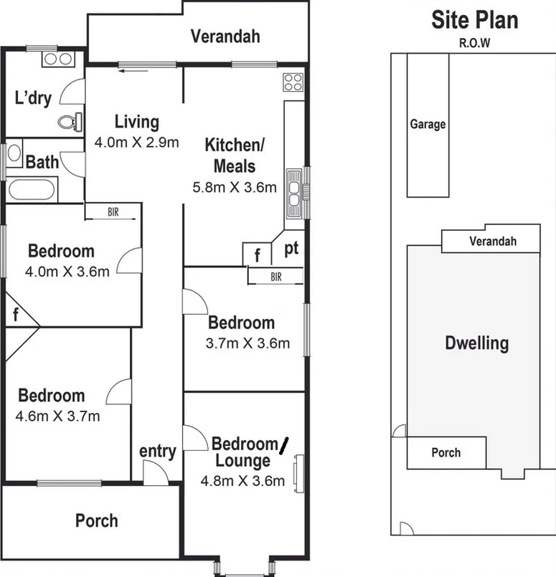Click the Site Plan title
[474, 20]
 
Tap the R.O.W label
[474, 42]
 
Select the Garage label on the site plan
[428, 124]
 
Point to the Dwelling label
[477, 343]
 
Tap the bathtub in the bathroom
[31, 190]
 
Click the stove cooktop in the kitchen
[292, 82]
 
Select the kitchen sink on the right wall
[294, 192]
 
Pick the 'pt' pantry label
[291, 249]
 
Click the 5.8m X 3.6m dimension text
[235, 188]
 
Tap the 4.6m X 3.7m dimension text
[58, 416]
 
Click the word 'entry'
[157, 451]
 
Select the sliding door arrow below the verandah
[132, 70]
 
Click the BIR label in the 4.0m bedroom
[113, 211]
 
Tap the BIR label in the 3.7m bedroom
[276, 276]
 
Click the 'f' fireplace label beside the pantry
[258, 254]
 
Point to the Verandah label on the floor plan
[225, 36]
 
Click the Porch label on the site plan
[446, 452]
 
